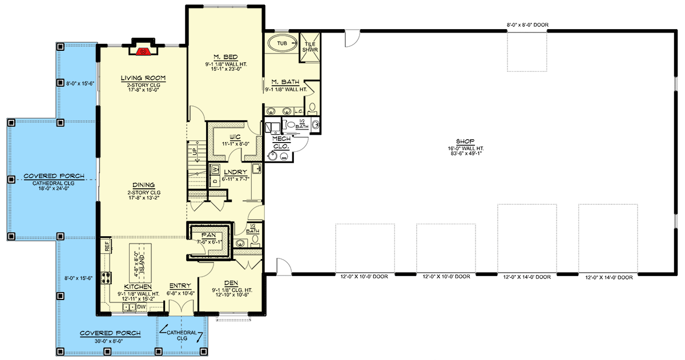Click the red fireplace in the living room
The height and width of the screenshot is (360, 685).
click(145, 51)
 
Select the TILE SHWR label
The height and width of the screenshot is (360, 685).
click(311, 46)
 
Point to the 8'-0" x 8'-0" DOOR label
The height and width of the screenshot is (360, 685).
click(527, 25)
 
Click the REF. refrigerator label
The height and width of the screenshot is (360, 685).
click(107, 246)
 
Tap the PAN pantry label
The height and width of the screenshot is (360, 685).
click(207, 234)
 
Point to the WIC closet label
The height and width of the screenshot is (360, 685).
click(234, 137)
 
